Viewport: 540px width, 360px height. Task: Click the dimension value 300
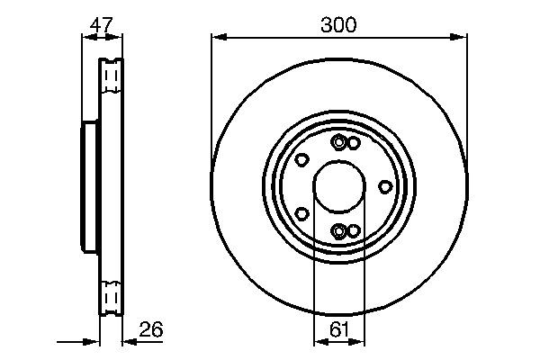[338, 24]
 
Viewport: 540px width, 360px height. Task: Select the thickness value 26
[152, 330]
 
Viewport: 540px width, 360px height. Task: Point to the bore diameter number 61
[338, 330]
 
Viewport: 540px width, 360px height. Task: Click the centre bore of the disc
[339, 187]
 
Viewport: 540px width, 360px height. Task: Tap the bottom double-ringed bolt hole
[338, 231]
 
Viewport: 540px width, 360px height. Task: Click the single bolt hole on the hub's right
[385, 186]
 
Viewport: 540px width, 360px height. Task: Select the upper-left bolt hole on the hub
[302, 160]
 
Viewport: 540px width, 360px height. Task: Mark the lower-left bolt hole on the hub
[302, 213]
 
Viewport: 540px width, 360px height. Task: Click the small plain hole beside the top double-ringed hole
[354, 143]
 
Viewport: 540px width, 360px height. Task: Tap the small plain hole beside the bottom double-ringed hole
[354, 230]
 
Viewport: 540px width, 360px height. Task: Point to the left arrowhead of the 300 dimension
[217, 37]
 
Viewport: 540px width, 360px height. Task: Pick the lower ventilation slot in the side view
[110, 295]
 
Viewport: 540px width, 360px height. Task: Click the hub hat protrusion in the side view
[88, 187]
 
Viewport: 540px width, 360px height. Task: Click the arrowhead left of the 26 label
[126, 342]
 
